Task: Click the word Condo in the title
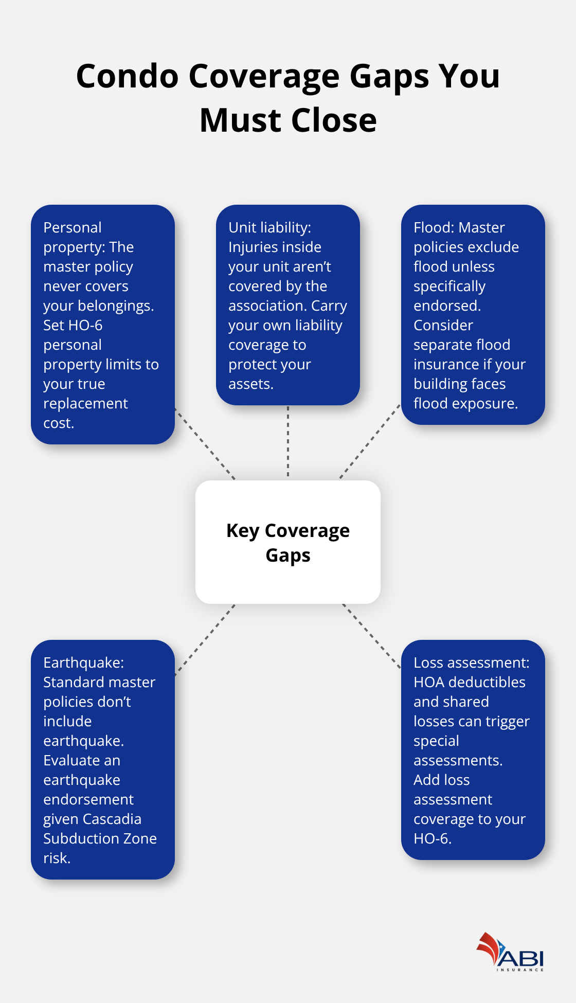127,76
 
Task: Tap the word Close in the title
334,120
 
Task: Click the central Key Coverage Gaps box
287,542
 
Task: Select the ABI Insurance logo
510,953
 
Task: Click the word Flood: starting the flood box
434,227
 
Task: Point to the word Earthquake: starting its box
83,662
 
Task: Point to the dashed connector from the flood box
369,442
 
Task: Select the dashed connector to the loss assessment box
371,636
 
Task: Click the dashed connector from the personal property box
205,444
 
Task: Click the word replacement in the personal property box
85,404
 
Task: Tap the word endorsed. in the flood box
447,306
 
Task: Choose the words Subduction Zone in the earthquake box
100,838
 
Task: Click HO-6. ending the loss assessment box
432,838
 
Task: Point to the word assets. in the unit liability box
250,384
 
